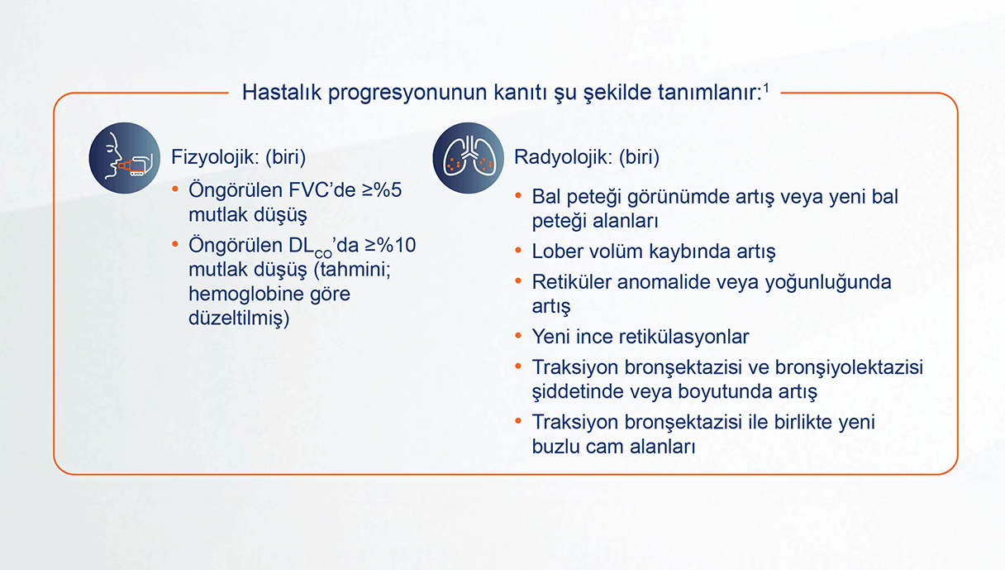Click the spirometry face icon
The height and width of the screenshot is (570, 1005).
pyautogui.click(x=124, y=158)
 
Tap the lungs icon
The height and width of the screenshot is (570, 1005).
pyautogui.click(x=468, y=158)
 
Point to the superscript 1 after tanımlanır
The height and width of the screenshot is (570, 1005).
pyautogui.click(x=766, y=88)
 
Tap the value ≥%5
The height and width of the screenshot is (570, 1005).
pyautogui.click(x=382, y=190)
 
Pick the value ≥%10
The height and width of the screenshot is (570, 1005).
pyautogui.click(x=390, y=245)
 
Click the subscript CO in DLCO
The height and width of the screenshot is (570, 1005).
pyautogui.click(x=323, y=254)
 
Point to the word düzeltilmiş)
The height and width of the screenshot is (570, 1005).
pyautogui.click(x=239, y=319)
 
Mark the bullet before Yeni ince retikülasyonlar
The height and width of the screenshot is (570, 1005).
pyautogui.click(x=518, y=336)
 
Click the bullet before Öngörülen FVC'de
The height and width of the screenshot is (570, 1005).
pyautogui.click(x=175, y=189)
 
